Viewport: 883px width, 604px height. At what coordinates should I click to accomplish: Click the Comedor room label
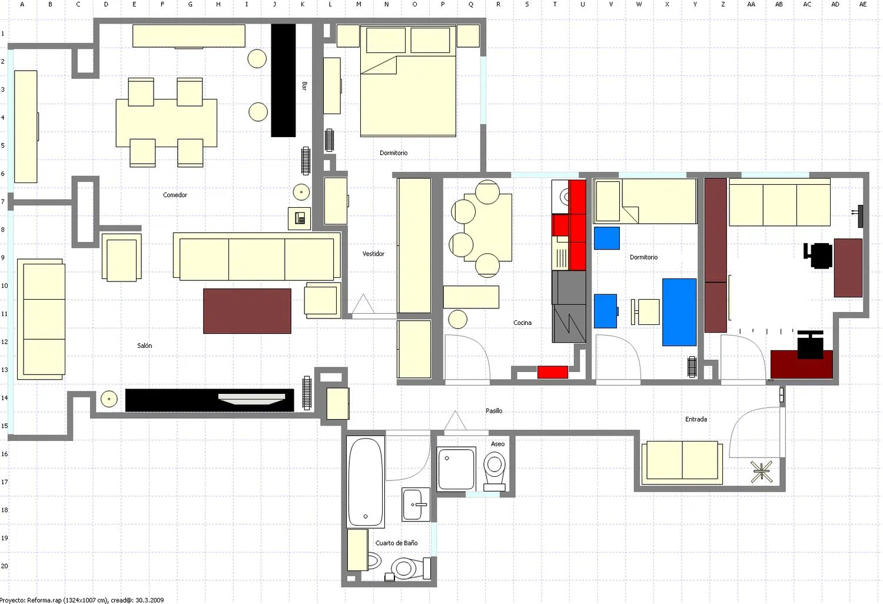point(175,195)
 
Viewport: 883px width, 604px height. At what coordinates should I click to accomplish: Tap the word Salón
point(144,346)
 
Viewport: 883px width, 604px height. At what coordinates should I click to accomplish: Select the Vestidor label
point(373,254)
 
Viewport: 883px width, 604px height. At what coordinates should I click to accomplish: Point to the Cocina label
point(522,323)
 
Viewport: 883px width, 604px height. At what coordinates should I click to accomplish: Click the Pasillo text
point(494,410)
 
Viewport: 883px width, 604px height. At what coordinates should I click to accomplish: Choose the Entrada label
point(696,419)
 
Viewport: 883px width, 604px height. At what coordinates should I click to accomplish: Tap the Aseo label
point(497,444)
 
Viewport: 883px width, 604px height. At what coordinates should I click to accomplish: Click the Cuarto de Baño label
point(396,543)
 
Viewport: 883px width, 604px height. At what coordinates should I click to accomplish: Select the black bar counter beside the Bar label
point(283,81)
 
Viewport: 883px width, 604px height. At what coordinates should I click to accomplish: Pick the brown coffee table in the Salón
point(247,311)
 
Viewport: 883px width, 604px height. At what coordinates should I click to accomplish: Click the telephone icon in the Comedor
point(300,218)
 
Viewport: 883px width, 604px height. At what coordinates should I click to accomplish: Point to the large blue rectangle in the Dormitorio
point(679,312)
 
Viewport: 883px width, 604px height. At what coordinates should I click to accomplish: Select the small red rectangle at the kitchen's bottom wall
point(553,372)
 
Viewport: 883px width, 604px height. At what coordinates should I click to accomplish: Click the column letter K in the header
point(303,4)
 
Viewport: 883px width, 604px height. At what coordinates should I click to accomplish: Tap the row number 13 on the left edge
point(4,370)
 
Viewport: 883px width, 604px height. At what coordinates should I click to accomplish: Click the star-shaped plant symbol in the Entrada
point(761,472)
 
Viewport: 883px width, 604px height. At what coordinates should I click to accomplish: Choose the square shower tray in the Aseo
point(456,469)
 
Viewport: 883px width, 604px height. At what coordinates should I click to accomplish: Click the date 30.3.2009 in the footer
point(150,600)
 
